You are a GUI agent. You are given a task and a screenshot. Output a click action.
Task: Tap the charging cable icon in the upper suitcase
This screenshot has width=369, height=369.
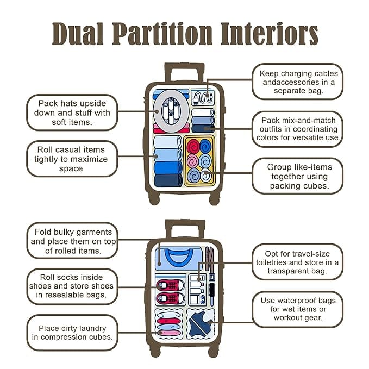[x=202, y=97]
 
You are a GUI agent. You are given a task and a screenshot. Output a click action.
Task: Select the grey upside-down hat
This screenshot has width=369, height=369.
[x=171, y=111]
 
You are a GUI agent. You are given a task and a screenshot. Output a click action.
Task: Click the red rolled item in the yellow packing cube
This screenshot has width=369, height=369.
[x=193, y=146]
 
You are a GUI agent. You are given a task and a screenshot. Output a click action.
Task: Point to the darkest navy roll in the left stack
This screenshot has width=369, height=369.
[x=168, y=180]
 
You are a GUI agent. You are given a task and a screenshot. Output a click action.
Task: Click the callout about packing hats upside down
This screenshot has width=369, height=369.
[x=72, y=112]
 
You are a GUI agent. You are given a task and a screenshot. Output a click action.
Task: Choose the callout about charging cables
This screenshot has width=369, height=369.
[x=298, y=82]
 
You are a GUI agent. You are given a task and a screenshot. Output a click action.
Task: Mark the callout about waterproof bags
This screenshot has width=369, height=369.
[x=298, y=309]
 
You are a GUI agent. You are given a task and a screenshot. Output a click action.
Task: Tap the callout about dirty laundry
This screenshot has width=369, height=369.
[x=72, y=333]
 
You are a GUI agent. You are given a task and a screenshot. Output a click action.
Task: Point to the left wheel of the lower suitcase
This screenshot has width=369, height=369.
[x=155, y=352]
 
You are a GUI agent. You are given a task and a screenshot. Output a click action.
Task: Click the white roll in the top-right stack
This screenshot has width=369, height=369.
[x=203, y=112]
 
